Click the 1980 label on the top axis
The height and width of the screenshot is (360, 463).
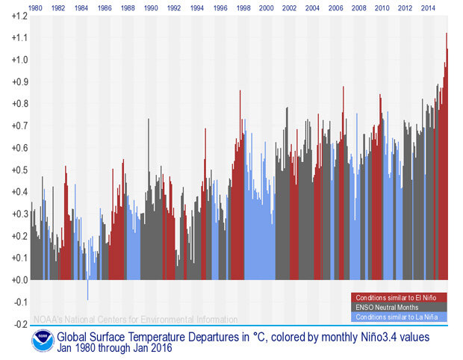(35, 8)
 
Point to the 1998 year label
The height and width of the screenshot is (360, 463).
(243, 8)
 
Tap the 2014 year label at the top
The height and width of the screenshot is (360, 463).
(428, 8)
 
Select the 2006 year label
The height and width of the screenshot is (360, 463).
(336, 8)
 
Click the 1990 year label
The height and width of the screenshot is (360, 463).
(151, 8)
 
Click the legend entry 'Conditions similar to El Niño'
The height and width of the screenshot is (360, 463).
(400, 298)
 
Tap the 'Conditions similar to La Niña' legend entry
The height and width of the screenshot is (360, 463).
(399, 317)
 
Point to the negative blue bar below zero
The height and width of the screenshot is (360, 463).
(88, 290)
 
